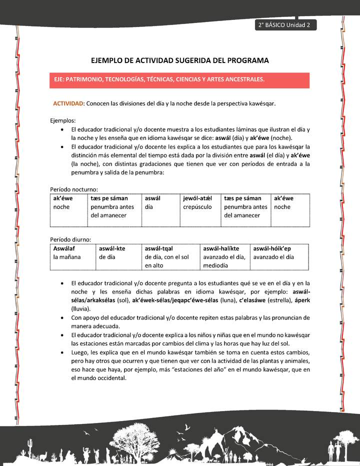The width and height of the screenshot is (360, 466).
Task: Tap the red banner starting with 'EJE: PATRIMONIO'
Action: [x=180, y=79]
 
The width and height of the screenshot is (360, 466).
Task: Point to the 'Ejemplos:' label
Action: [x=63, y=120]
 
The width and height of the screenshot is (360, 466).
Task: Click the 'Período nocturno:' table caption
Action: [x=74, y=189]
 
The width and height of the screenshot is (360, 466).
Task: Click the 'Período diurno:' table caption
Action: [x=70, y=239]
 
